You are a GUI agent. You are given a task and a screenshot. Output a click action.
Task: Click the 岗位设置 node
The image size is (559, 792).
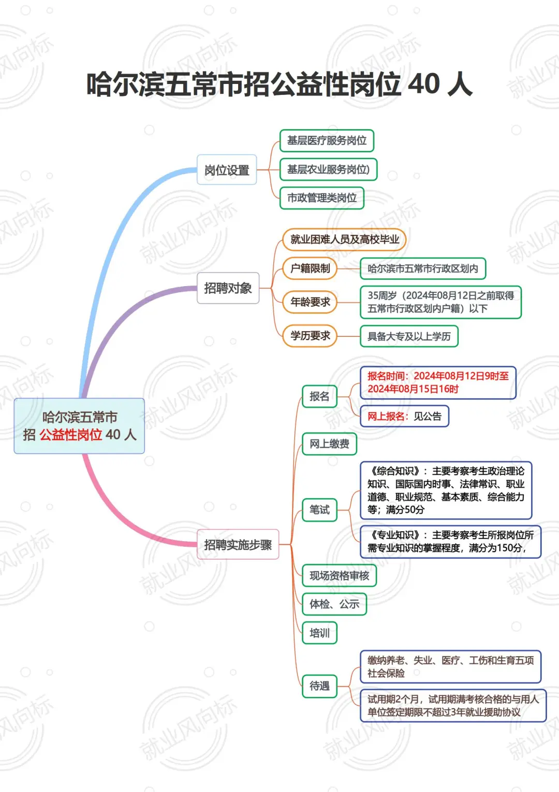coord(227,170)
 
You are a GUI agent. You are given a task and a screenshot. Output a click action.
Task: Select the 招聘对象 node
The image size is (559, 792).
coord(228,288)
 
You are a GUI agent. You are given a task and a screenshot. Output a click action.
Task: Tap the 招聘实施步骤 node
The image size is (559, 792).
coord(238,545)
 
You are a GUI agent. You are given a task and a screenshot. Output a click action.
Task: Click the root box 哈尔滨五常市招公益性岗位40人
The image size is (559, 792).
coord(79,426)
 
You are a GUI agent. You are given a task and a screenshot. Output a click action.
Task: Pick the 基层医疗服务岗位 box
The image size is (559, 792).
coord(327,140)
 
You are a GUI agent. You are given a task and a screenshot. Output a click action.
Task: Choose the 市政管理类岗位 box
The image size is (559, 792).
coord(322,198)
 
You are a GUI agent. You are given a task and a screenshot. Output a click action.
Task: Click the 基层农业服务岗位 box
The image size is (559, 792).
coord(328,169)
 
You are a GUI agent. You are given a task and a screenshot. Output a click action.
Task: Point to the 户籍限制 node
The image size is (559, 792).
coord(310,268)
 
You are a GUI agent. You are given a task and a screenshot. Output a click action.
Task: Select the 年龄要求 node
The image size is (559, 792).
coord(310,302)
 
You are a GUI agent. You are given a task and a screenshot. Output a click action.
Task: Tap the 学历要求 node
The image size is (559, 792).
coord(310,336)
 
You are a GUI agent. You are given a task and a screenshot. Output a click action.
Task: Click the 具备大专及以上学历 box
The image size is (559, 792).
coord(409,336)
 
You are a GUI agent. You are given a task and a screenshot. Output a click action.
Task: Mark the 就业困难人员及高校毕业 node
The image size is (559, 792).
coord(344,239)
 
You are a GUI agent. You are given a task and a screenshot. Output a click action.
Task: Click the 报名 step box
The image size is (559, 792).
coord(319,397)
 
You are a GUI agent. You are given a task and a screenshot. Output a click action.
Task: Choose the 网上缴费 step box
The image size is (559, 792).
coord(329,444)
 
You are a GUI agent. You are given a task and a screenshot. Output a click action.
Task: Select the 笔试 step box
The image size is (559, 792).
coord(319,510)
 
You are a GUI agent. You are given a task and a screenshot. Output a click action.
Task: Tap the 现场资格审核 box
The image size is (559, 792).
coord(339,576)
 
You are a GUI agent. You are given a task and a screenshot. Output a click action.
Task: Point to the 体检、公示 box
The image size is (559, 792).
coord(334,604)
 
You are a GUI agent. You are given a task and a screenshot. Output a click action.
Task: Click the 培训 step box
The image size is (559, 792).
coord(319,633)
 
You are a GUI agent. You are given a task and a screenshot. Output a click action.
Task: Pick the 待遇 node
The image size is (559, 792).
coord(319,686)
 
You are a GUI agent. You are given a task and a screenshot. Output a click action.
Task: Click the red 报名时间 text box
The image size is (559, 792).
coord(438,383)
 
